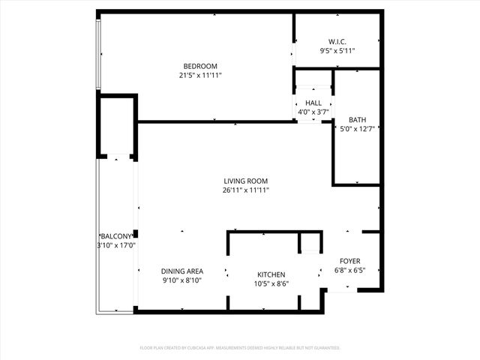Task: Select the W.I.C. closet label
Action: tap(337, 41)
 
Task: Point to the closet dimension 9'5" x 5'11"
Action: tap(337, 51)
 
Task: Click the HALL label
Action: tap(313, 103)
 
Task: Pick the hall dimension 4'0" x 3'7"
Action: tap(313, 112)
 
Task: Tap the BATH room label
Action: tap(357, 120)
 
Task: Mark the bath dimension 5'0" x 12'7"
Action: tap(357, 129)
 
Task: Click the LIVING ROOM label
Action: tap(245, 181)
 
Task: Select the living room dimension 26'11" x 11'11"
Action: tap(245, 190)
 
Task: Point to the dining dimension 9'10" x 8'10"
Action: tap(182, 280)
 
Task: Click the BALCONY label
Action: tap(115, 236)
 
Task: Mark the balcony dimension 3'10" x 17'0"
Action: tap(115, 245)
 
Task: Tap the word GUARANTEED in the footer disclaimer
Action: tap(323, 348)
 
